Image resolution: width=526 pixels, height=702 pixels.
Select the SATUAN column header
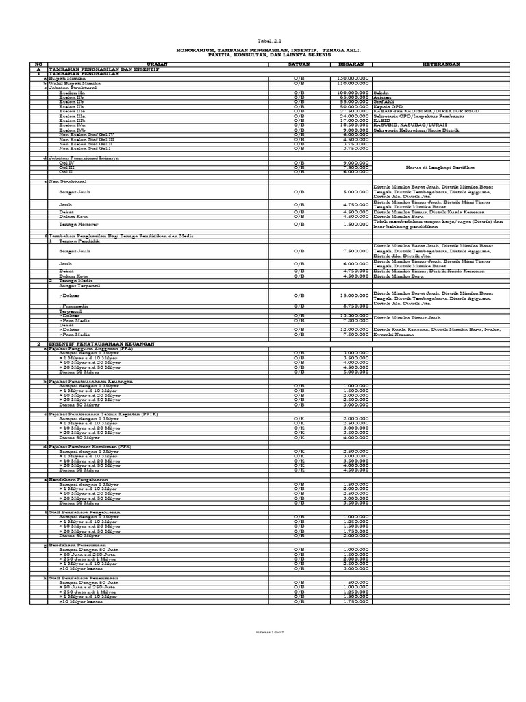tap(299, 64)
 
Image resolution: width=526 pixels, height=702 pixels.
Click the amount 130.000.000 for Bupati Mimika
tap(353, 79)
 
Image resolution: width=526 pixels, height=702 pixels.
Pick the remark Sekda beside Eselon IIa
tap(382, 93)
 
